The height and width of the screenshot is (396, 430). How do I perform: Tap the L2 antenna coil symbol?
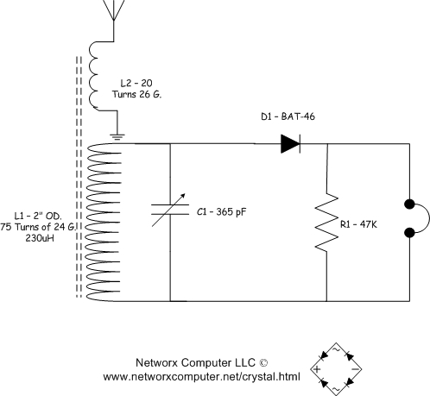point(93,76)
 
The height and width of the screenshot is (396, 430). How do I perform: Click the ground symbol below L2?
point(117,137)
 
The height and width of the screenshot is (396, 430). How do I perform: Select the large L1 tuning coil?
point(104,223)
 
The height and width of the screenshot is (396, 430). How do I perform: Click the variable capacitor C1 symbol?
point(170,210)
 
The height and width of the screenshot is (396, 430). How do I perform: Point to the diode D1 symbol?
point(290,143)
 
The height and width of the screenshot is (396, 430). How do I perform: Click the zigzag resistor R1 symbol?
point(326,222)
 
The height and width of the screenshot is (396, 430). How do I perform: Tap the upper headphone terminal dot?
point(409,204)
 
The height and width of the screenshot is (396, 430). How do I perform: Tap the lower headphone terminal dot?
point(409,232)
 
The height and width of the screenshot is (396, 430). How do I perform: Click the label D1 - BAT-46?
point(288,116)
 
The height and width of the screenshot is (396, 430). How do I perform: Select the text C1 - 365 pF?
point(222,212)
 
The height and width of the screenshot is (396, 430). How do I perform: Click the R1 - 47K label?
point(358,224)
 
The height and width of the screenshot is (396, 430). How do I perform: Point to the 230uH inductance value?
point(40,238)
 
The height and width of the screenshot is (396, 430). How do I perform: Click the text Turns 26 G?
point(137,94)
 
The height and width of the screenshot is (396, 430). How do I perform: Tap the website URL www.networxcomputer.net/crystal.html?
point(201,376)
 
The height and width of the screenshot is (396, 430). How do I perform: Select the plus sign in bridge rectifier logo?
point(317,369)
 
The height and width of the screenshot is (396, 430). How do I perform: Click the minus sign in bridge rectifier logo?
point(356,369)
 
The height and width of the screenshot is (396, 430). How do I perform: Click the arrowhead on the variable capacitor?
point(182,197)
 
